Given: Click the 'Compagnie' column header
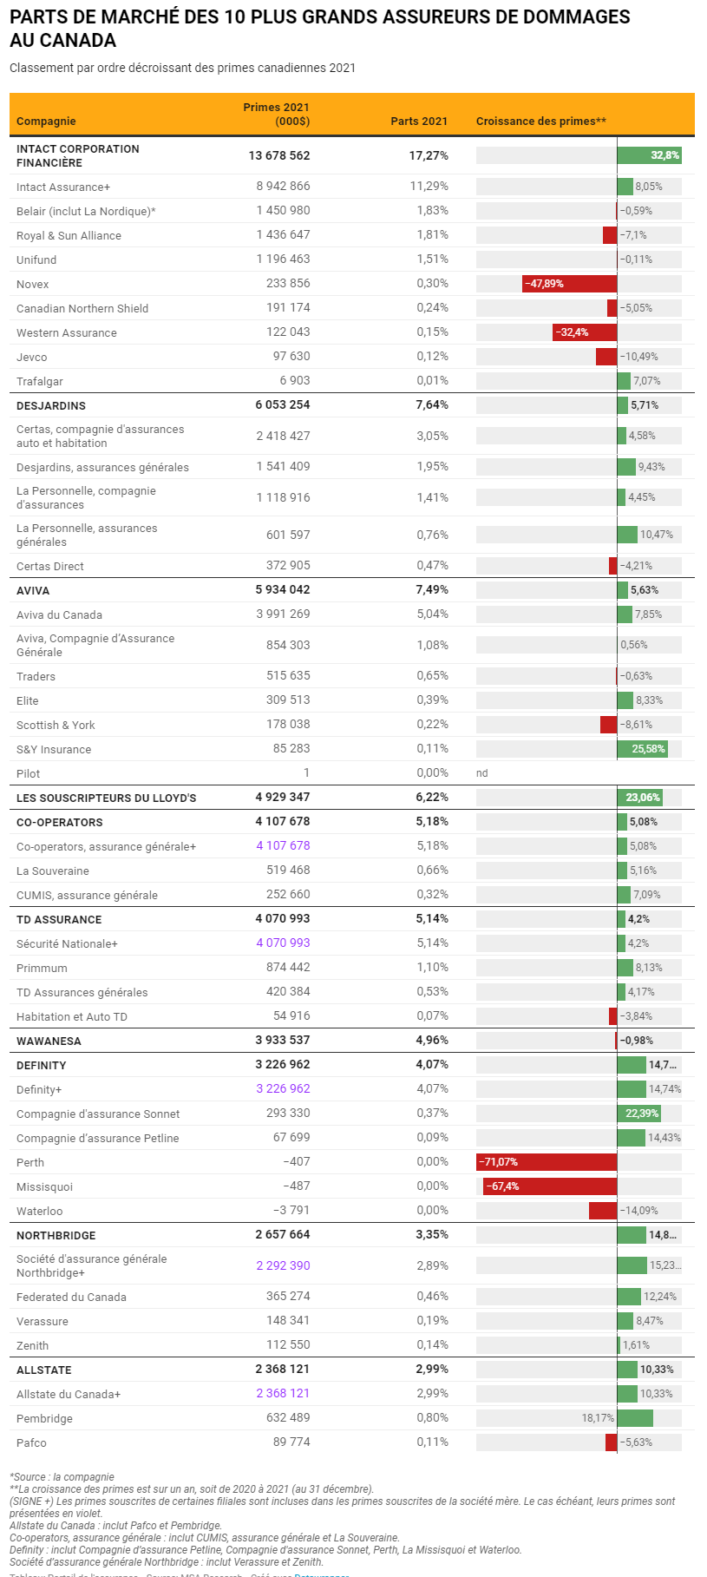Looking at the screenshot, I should pyautogui.click(x=46, y=122).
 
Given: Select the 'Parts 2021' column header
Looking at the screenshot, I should pyautogui.click(x=419, y=122).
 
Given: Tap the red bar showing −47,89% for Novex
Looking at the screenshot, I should pyautogui.click(x=569, y=284).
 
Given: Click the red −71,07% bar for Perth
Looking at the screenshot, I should pyautogui.click(x=547, y=1162).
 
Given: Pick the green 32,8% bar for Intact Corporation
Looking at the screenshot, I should pyautogui.click(x=649, y=155).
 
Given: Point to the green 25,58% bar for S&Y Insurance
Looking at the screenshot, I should pyautogui.click(x=642, y=749).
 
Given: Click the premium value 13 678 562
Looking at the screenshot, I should pyautogui.click(x=278, y=155).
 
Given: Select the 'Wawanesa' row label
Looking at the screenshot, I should pyautogui.click(x=49, y=1041).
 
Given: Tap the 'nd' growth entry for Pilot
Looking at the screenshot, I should pyautogui.click(x=482, y=773).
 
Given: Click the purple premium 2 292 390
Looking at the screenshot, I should pyautogui.click(x=283, y=1265).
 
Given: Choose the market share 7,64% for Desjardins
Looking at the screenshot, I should pyautogui.click(x=431, y=404).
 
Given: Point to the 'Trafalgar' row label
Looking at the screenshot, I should pyautogui.click(x=40, y=381).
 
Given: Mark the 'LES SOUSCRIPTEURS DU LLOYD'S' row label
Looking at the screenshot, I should pyautogui.click(x=107, y=798).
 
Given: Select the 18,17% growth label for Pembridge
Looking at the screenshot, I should pyautogui.click(x=598, y=1418).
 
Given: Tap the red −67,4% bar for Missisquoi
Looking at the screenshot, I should pyautogui.click(x=550, y=1186).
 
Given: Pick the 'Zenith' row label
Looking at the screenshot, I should pyautogui.click(x=33, y=1345).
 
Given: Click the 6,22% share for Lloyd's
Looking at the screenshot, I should pyautogui.click(x=431, y=797).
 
